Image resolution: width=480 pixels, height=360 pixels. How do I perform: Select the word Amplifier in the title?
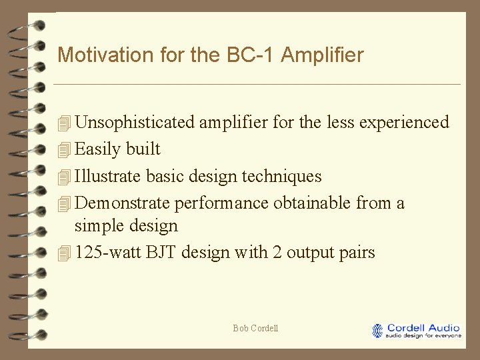(x=323, y=55)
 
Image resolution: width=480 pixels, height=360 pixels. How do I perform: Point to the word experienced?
(x=404, y=123)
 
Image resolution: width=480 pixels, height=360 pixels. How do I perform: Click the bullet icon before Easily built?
(x=64, y=150)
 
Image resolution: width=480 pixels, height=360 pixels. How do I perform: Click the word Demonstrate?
(x=122, y=203)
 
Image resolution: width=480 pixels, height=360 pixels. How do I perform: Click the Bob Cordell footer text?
(x=255, y=328)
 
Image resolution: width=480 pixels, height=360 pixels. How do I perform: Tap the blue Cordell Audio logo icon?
(x=378, y=331)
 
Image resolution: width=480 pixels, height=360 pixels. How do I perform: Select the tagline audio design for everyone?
(x=424, y=336)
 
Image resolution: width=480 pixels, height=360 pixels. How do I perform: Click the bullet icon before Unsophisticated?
(x=64, y=123)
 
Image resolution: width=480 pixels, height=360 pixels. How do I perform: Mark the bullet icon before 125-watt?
(x=64, y=253)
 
